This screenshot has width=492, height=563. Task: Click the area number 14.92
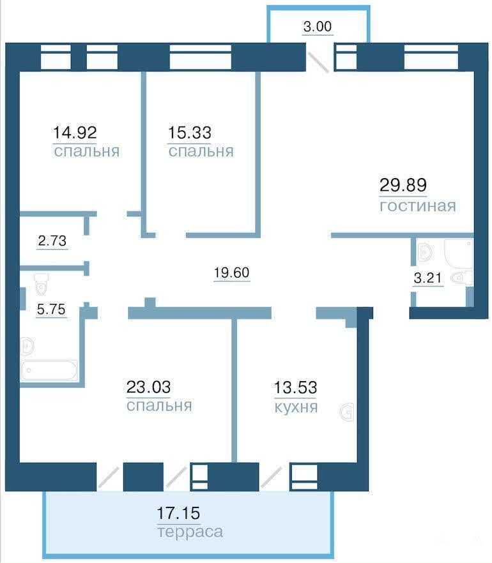coord(75,133)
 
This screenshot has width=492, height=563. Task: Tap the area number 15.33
coord(189,133)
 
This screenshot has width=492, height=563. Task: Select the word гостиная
coord(418,206)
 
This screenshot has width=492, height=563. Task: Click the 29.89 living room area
coord(403,185)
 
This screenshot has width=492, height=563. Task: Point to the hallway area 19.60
coord(231,273)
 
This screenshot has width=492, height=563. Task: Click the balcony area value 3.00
coord(318,27)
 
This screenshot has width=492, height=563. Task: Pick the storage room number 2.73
coord(52,241)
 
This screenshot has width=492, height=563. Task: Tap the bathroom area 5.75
coord(51,309)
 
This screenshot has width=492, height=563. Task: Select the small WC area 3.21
coord(427,278)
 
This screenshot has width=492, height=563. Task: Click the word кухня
coord(296,407)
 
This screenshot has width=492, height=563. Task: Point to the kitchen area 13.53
coord(295,388)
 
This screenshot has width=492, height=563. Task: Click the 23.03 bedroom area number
coord(148,387)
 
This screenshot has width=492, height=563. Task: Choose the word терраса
coord(190,532)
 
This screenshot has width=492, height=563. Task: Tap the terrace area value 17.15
coord(178,513)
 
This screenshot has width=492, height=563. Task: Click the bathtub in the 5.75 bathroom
coord(49,370)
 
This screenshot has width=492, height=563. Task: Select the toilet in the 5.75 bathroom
coord(42,283)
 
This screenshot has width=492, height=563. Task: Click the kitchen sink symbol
coord(347,412)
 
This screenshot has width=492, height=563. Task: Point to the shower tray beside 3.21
coord(459,254)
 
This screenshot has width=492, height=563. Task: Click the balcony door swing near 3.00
coord(318,63)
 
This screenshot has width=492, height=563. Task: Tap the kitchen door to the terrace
coord(272,477)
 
